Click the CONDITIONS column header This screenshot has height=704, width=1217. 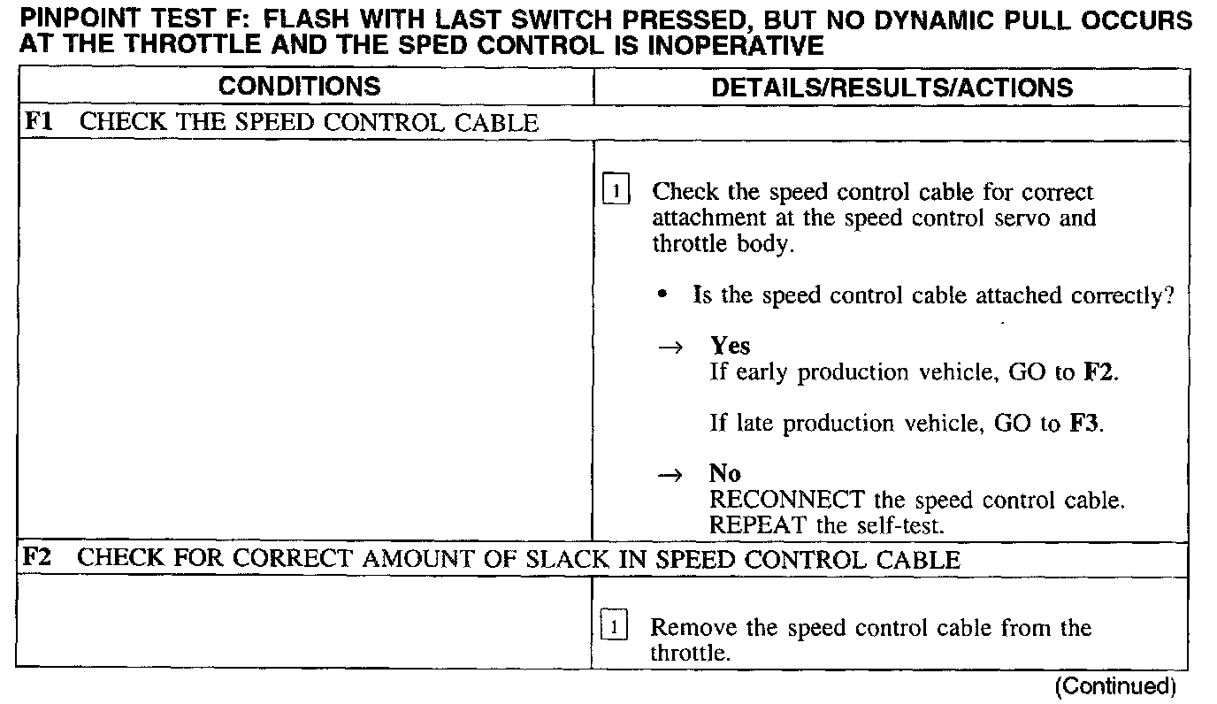click(299, 87)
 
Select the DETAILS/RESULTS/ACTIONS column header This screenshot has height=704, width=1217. click(892, 88)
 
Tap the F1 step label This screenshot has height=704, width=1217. click(37, 122)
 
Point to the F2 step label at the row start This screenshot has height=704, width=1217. click(36, 558)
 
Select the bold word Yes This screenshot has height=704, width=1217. click(730, 346)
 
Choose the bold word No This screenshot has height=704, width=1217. click(724, 474)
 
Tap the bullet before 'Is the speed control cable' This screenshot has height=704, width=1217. click(663, 296)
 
